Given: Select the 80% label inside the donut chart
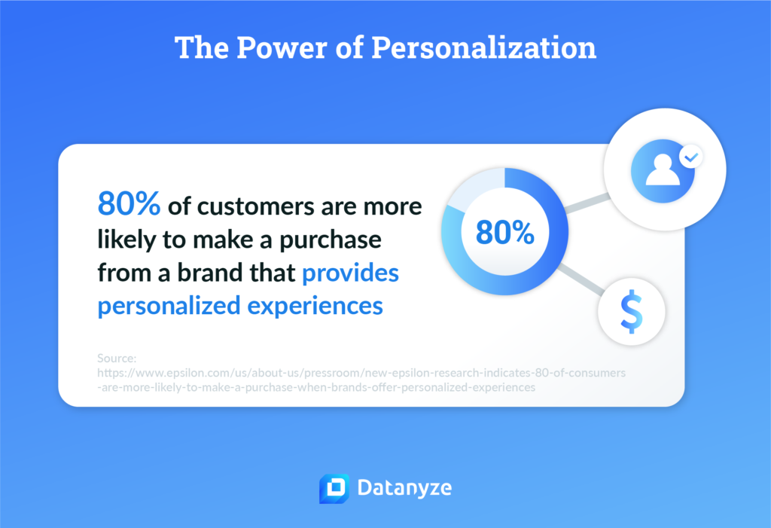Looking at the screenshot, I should (x=504, y=233).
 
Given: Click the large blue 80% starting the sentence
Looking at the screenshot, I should (x=128, y=205).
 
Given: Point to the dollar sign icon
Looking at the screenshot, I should (x=631, y=313).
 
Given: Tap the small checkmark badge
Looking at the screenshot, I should (x=690, y=158).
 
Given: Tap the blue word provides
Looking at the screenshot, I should (x=350, y=274).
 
